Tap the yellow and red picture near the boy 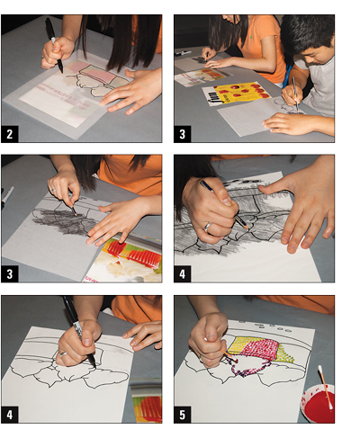tap(241, 92)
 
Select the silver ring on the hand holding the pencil tap(206, 227)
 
